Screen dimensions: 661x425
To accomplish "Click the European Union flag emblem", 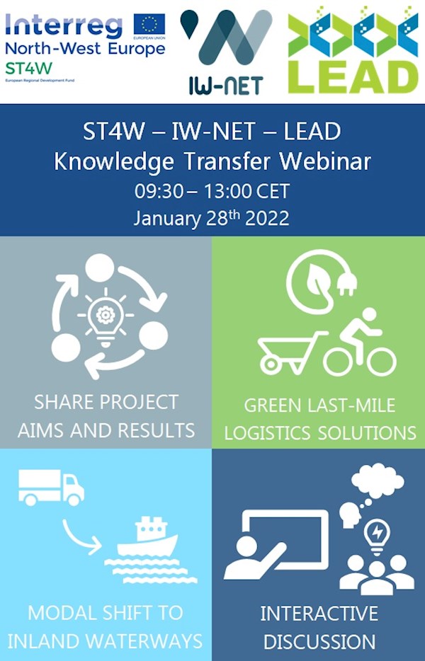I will (x=149, y=25).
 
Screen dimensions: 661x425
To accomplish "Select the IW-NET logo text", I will (x=226, y=86).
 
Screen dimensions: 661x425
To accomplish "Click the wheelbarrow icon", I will (x=286, y=351).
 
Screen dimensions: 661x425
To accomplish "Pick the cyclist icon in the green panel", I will (x=360, y=343).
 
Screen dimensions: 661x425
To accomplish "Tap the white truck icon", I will (x=50, y=488).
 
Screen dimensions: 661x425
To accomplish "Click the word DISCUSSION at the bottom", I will (x=318, y=642).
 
